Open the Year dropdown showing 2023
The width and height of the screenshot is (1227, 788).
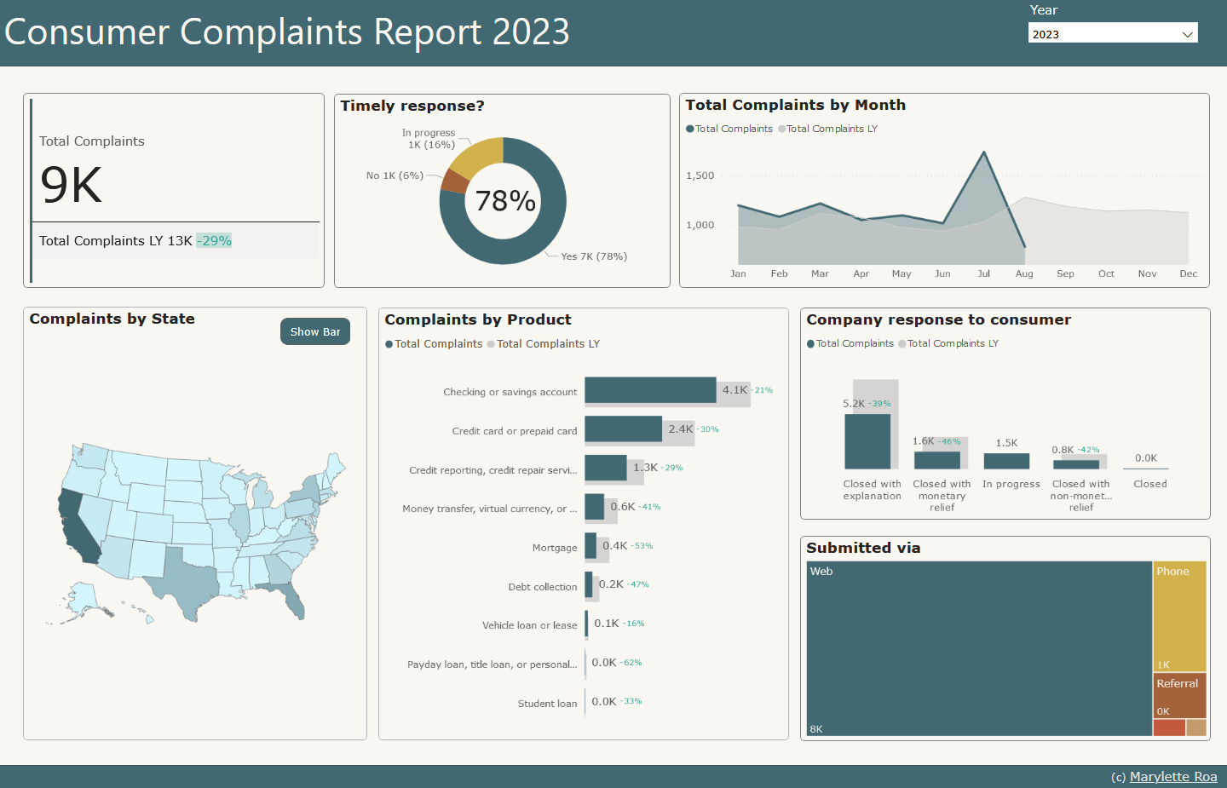pos(1112,34)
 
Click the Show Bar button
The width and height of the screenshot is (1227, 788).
pos(315,331)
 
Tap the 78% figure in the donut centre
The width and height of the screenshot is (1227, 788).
pos(505,201)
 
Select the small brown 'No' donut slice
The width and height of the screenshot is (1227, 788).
pos(454,181)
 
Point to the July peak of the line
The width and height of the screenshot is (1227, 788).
pos(984,152)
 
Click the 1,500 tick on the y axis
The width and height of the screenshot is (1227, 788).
pos(700,175)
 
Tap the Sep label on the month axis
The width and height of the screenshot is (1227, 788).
pos(1065,273)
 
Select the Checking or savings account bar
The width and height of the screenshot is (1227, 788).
pos(650,390)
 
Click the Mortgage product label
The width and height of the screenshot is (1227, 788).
pos(555,548)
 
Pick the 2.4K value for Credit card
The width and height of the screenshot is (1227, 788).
pos(680,429)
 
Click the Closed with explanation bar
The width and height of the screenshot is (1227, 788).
pos(867,441)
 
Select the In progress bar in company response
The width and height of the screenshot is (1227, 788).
pos(1006,461)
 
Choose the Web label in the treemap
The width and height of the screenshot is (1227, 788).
pos(821,572)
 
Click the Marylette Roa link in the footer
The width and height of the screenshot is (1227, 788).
pos(1172,777)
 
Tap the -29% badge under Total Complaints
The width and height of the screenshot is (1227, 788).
pos(214,241)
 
